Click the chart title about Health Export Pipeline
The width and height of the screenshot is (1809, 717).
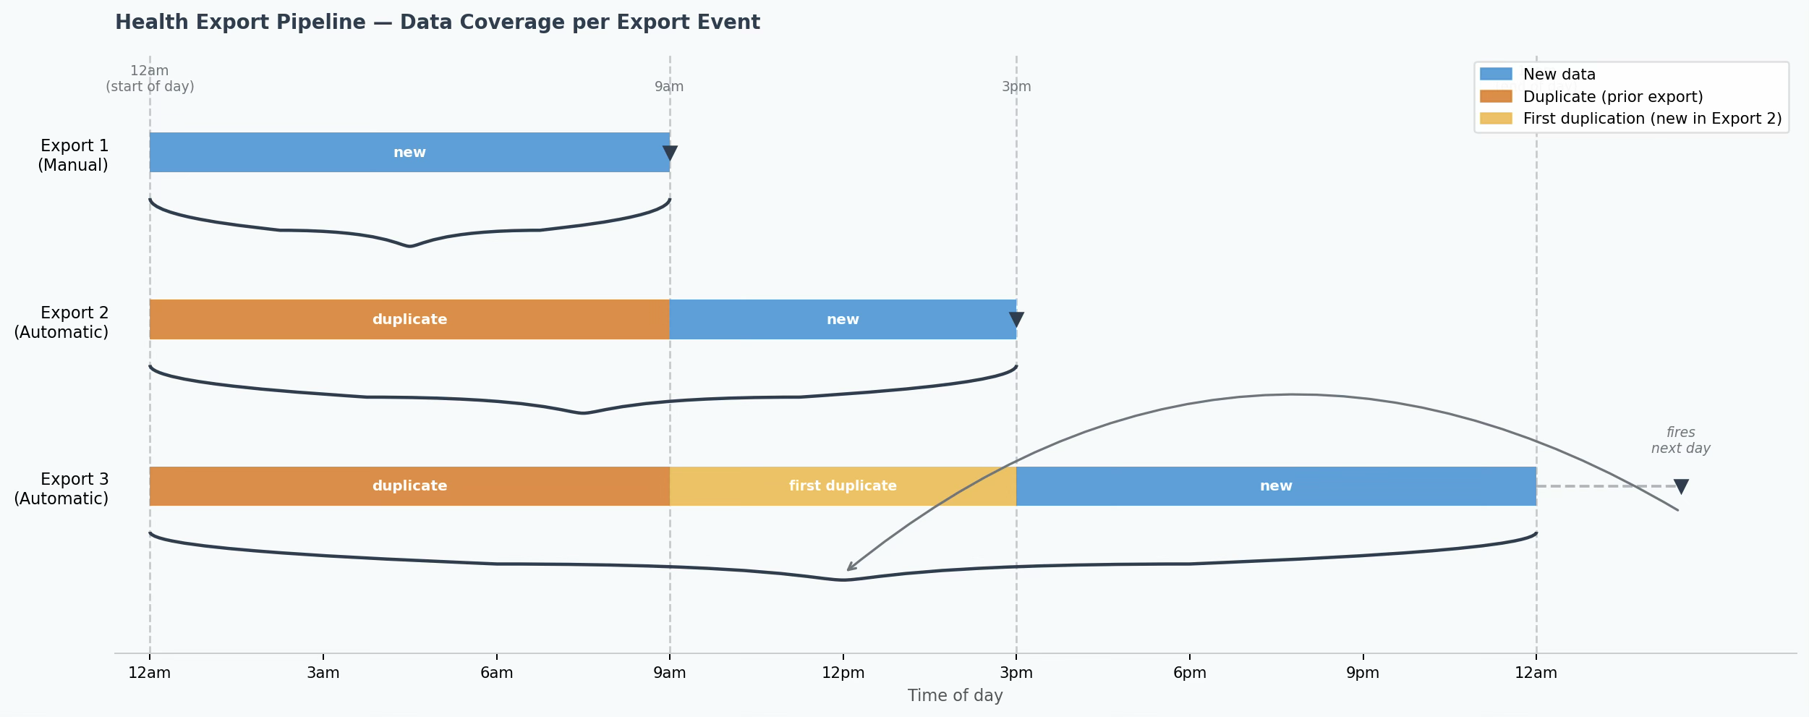tap(438, 22)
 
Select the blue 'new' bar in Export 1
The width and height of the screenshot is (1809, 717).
tap(409, 153)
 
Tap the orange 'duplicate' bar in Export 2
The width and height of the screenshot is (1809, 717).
tap(409, 319)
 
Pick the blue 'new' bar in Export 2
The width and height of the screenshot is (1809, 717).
tap(843, 319)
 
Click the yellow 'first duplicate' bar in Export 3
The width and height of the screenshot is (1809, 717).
tap(843, 486)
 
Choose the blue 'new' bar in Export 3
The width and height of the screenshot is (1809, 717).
tap(1276, 486)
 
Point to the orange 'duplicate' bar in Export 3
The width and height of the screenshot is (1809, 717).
tap(409, 486)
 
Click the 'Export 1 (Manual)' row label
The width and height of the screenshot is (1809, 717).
tap(73, 156)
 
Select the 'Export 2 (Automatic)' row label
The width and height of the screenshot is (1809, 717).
tap(61, 323)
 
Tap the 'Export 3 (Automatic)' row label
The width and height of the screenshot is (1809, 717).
tap(61, 489)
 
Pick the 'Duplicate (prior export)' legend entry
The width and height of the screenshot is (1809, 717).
tap(1591, 97)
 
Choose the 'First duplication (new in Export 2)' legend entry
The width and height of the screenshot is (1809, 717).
tap(1631, 119)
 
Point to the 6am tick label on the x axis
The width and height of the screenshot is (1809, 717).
tap(497, 673)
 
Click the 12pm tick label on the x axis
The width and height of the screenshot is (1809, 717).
tap(843, 673)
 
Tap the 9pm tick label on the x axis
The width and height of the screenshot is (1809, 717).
tap(1363, 673)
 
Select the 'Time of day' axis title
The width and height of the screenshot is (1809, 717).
tap(955, 696)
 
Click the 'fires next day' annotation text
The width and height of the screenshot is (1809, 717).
tap(1681, 441)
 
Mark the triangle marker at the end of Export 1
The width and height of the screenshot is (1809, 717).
tap(670, 153)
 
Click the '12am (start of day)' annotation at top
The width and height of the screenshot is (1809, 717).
tap(150, 79)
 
